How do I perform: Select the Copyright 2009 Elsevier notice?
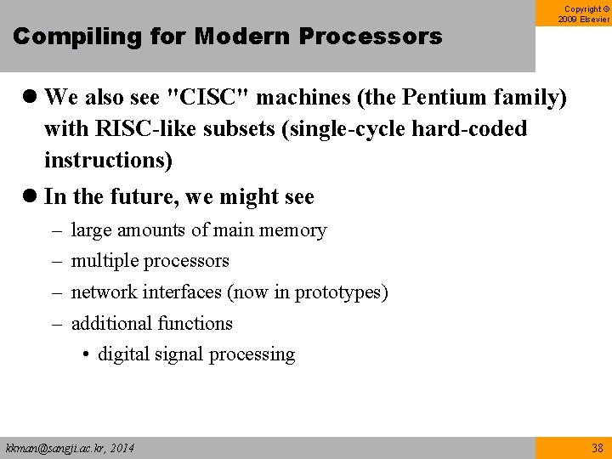[584, 13]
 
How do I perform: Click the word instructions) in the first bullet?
[108, 160]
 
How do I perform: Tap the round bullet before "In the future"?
[28, 197]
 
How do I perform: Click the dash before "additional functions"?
[55, 324]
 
